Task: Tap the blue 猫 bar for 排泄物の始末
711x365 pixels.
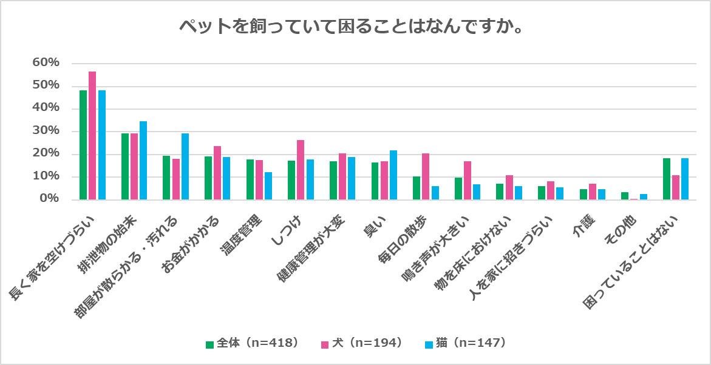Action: (143, 161)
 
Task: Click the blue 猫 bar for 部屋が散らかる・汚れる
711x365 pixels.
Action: (185, 167)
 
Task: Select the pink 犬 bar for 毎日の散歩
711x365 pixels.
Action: (426, 176)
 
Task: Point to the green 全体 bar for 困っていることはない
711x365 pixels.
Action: (667, 179)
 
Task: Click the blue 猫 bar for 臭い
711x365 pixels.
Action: (393, 175)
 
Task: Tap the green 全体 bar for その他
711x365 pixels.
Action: (625, 196)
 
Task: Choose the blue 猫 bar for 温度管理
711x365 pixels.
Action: (268, 186)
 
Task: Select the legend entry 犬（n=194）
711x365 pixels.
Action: (361, 343)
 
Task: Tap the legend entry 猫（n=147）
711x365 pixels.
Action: (465, 343)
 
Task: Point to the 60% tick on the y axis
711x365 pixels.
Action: (46, 62)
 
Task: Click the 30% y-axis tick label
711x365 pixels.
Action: (46, 131)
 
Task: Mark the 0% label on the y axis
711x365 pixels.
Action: (49, 199)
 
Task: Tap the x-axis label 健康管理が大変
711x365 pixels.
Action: (311, 249)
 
